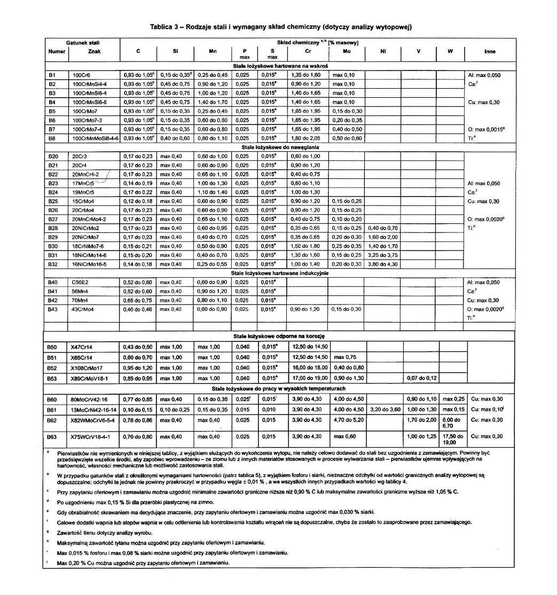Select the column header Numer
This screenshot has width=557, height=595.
click(x=56, y=52)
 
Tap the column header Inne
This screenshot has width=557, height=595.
click(x=489, y=52)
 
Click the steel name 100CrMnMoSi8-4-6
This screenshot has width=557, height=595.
click(x=95, y=138)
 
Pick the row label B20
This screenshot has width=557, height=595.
click(x=52, y=156)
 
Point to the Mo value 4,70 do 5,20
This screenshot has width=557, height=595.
click(x=346, y=420)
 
